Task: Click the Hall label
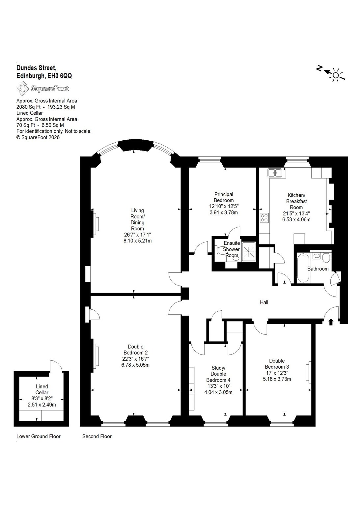264,302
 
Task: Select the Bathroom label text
318,268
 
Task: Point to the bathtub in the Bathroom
303,268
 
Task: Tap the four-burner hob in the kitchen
264,218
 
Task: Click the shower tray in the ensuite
249,252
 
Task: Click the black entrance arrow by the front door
331,322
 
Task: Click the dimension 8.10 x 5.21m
137,241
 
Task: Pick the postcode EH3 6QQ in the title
59,76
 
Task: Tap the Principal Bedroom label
224,197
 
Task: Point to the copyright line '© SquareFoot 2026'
38,137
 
